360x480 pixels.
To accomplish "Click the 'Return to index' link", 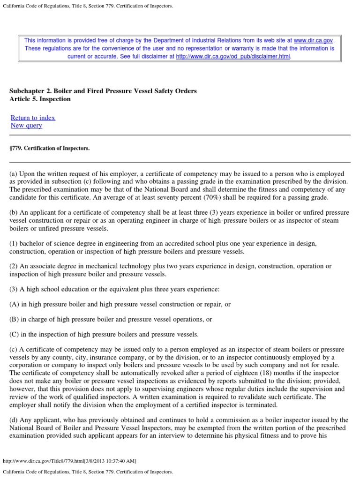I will [x=33, y=118].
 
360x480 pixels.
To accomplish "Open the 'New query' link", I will [x=26, y=125].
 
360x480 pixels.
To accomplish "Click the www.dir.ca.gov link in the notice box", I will [x=313, y=41].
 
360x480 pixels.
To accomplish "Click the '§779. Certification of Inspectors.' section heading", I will [x=49, y=148].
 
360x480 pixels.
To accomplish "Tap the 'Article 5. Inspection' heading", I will [x=40, y=99].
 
